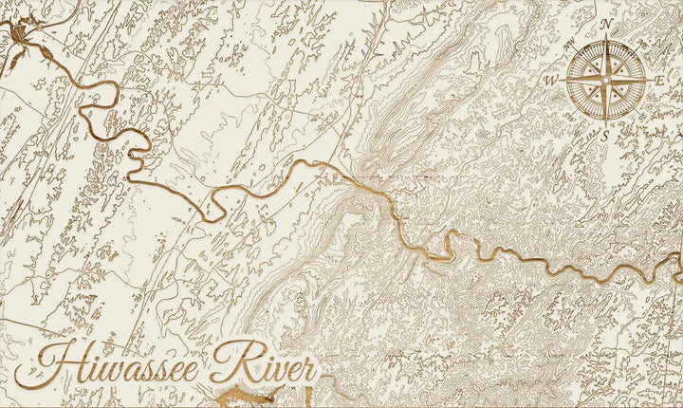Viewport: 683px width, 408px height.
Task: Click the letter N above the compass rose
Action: coord(605,24)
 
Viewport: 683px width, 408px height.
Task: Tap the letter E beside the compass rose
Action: coord(659,81)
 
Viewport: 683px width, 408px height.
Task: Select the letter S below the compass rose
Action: coord(605,136)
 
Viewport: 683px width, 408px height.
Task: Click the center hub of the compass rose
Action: coord(605,81)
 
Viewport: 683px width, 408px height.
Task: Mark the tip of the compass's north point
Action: coord(605,36)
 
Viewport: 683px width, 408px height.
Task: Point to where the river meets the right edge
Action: coord(679,257)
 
